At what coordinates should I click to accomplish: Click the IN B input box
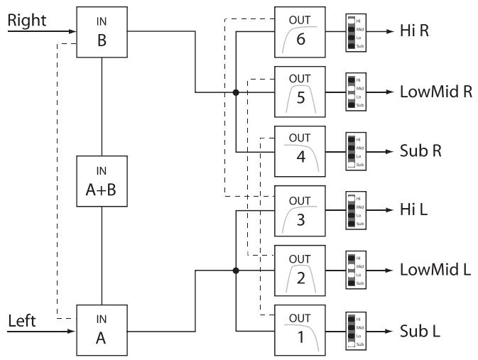[x=102, y=32]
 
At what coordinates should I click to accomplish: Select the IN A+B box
[x=102, y=181]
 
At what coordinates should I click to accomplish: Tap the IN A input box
[x=102, y=330]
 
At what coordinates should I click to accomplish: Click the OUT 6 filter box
[x=300, y=32]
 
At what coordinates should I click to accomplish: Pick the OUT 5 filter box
[x=300, y=92]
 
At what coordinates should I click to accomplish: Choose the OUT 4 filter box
[x=300, y=151]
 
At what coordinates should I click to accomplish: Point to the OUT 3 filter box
[x=300, y=211]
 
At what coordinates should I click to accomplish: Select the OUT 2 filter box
[x=300, y=271]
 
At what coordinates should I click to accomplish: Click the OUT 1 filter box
[x=300, y=330]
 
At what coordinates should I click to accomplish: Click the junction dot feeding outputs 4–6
[x=236, y=92]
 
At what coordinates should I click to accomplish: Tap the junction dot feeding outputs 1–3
[x=236, y=271]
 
